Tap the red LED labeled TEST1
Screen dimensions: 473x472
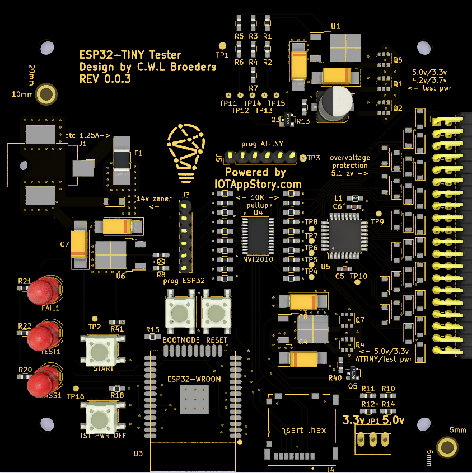tap(41, 336)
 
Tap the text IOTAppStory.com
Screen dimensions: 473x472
tap(258, 184)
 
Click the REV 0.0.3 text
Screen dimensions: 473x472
tap(105, 79)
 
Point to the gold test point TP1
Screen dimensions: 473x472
tap(222, 45)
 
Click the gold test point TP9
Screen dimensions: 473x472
tap(377, 214)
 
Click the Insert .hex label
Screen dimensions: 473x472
tap(302, 430)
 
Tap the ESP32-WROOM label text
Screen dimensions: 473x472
tap(194, 379)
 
